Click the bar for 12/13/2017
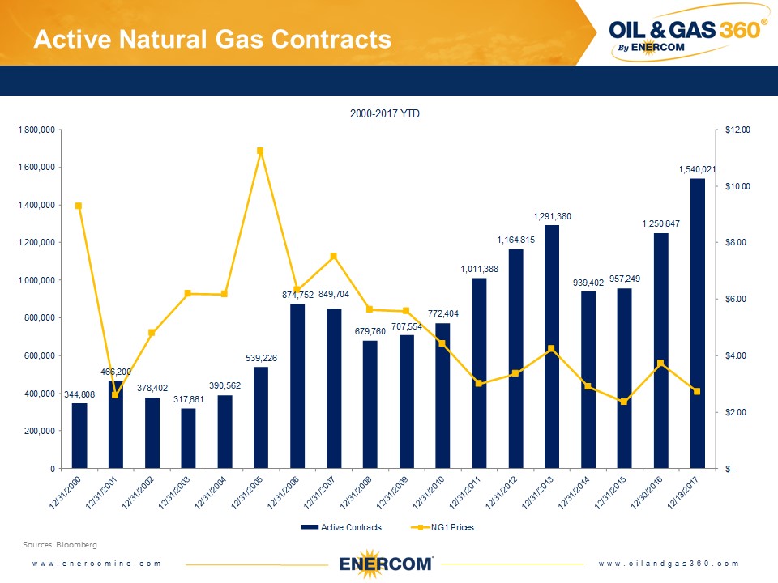pos(697,324)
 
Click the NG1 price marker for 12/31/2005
pos(260,151)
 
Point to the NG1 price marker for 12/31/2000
pos(79,206)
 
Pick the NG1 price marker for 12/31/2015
pos(624,402)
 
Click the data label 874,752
pos(297,295)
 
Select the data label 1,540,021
pos(697,170)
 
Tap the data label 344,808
pos(79,394)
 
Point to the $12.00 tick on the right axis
pos(738,130)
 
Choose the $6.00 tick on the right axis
pos(737,300)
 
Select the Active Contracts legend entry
pos(340,527)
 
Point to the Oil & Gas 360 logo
pos(687,35)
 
